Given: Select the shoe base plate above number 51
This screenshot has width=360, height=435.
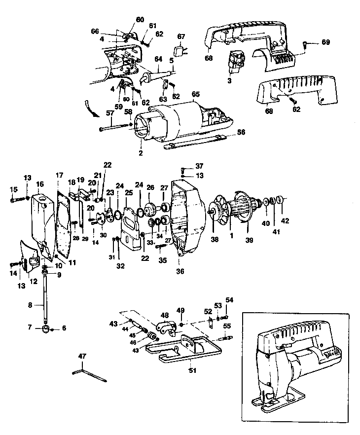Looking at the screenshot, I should point(187,348).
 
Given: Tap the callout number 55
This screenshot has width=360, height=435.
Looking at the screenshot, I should point(227,326).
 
